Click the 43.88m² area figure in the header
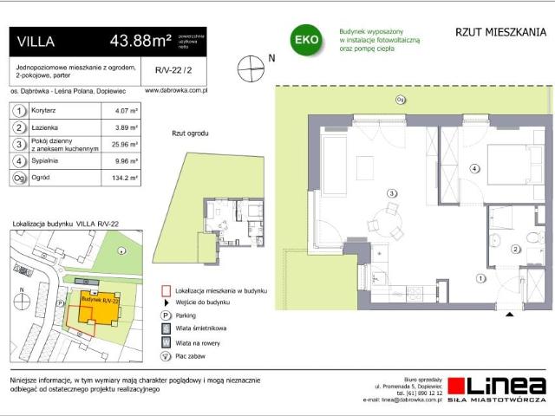pyautogui.click(x=139, y=41)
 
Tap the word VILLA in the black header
pyautogui.click(x=36, y=41)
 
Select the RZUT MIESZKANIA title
pyautogui.click(x=500, y=33)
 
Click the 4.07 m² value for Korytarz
pyautogui.click(x=115, y=111)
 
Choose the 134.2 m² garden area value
pyautogui.click(x=117, y=179)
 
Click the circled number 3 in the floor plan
pyautogui.click(x=392, y=193)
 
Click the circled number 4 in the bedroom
pyautogui.click(x=474, y=168)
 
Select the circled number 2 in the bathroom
pyautogui.click(x=515, y=250)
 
